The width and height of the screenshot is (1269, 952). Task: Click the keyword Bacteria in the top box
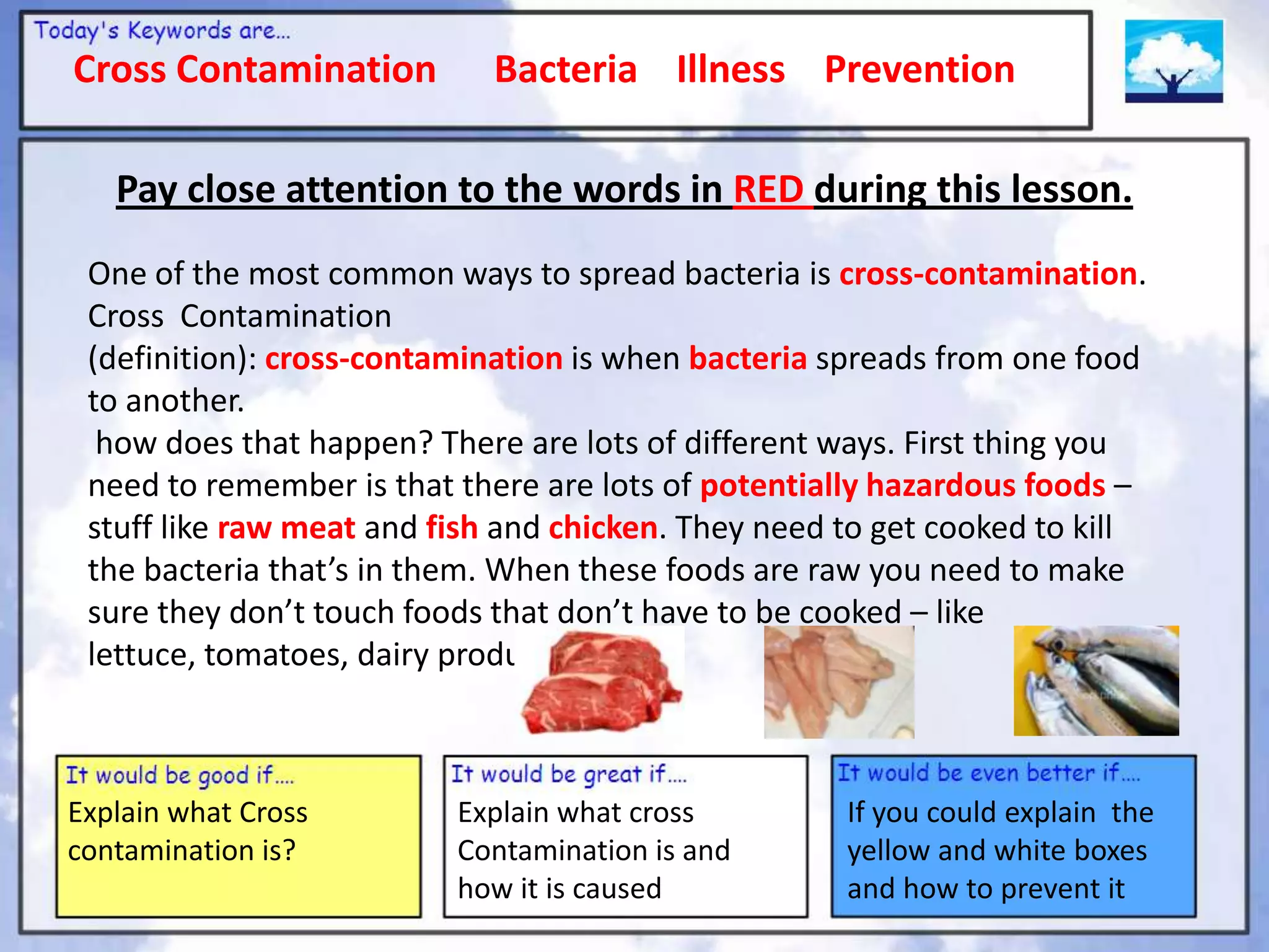pos(565,69)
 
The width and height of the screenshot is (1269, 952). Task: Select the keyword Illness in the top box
pos(730,69)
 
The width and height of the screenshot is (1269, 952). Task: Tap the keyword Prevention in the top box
pos(920,69)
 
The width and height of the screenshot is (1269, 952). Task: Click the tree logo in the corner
pos(1174,61)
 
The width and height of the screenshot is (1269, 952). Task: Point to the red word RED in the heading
pos(768,190)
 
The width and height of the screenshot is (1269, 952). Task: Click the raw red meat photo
pos(602,682)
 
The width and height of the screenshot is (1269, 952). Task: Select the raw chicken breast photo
pos(838,682)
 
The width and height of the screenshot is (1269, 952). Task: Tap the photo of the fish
pos(1096,681)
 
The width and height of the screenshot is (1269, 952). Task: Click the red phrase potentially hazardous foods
pos(902,485)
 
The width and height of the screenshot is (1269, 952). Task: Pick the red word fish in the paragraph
pos(452,528)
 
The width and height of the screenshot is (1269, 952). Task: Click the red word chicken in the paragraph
pos(602,528)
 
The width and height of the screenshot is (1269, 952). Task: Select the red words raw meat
pos(286,528)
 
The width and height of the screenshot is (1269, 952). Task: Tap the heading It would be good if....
pos(180,775)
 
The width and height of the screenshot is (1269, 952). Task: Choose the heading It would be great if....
pos(569,774)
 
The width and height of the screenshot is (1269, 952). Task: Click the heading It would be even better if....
pos(988,773)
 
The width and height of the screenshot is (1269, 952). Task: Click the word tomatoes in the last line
pos(276,655)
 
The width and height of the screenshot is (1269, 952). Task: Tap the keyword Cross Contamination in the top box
pos(255,69)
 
